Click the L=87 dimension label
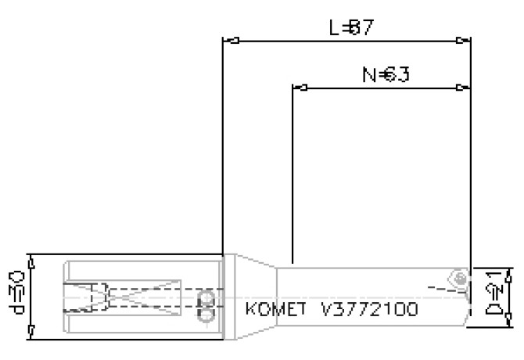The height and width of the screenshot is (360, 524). coord(349,28)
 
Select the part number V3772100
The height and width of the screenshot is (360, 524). coord(369,309)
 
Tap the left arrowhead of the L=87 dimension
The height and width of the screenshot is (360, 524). coord(228,40)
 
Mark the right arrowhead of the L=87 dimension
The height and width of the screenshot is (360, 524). coord(465,40)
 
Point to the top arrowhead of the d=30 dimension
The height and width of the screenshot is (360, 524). coord(31,258)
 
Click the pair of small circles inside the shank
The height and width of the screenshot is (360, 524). coord(207,306)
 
